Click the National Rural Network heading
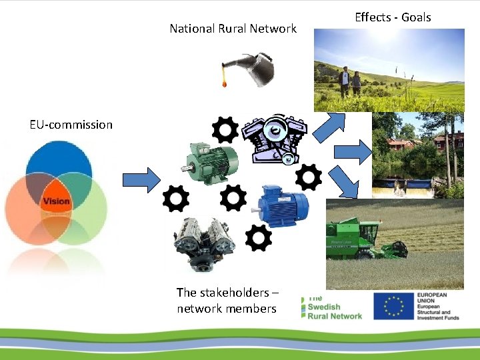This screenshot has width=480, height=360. click(x=233, y=29)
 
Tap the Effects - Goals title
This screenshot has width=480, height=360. click(x=393, y=17)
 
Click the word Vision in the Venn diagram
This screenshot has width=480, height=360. click(x=57, y=201)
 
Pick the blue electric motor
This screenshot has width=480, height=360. click(x=284, y=205)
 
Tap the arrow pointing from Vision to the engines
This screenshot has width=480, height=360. click(x=141, y=179)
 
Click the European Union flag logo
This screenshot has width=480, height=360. click(x=393, y=306)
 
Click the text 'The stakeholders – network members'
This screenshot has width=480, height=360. click(x=227, y=301)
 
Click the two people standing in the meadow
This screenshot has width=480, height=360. click(x=350, y=82)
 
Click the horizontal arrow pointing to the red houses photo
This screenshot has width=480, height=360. click(x=360, y=152)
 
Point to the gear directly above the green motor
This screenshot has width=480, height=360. click(x=224, y=131)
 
